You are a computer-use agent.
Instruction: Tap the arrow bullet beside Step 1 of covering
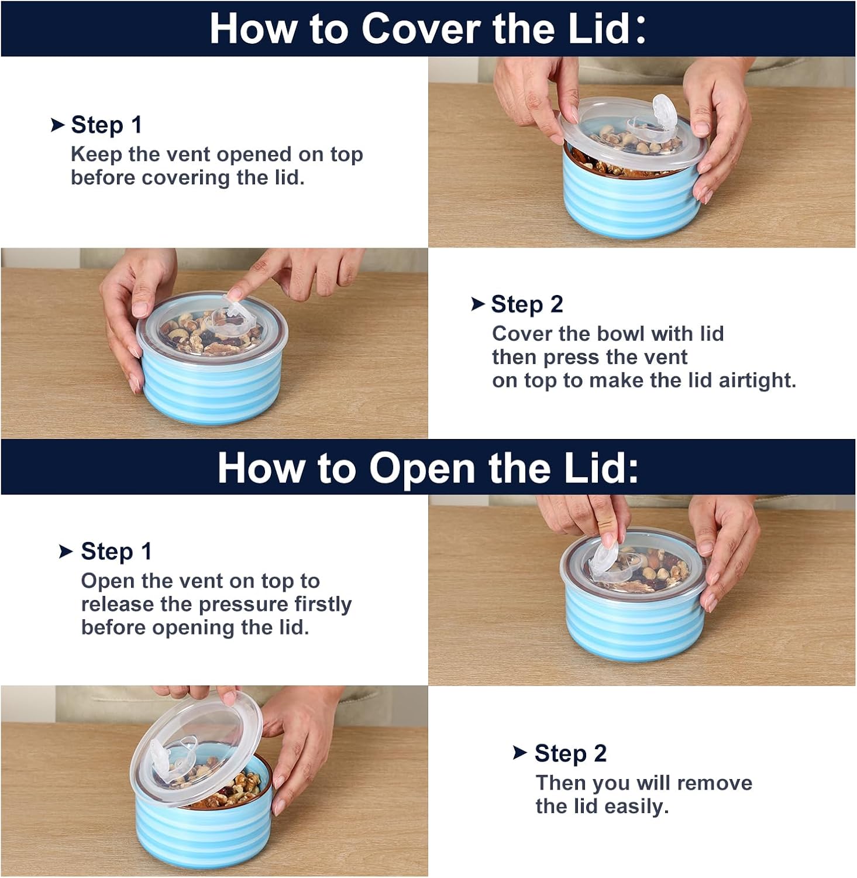pyautogui.click(x=57, y=125)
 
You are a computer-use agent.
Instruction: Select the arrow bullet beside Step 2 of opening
pyautogui.click(x=520, y=753)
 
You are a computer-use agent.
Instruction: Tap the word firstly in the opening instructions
pyautogui.click(x=323, y=605)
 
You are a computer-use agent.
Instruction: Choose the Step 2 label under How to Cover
pyautogui.click(x=526, y=304)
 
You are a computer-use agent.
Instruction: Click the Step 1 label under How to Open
pyautogui.click(x=116, y=551)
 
